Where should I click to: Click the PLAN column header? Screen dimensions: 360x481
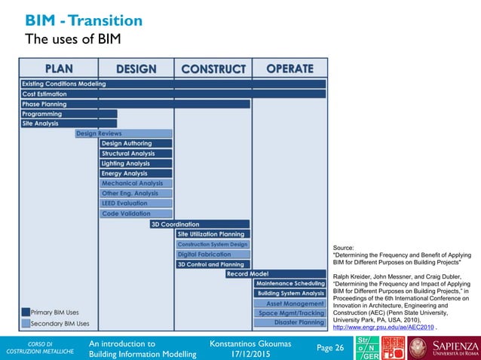pyautogui.click(x=58, y=69)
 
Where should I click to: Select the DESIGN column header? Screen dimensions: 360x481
pyautogui.click(x=136, y=69)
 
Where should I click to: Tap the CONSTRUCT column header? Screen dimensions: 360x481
pyautogui.click(x=213, y=69)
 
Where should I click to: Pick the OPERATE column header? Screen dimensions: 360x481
pyautogui.click(x=290, y=69)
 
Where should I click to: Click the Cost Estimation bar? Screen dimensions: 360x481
pyautogui.click(x=173, y=93)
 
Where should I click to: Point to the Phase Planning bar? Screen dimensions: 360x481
pyautogui.click(x=135, y=104)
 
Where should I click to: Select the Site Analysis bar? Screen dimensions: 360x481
pyautogui.click(x=69, y=124)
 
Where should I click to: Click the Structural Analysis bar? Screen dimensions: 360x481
pyautogui.click(x=136, y=154)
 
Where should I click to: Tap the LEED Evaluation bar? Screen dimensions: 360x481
pyautogui.click(x=136, y=203)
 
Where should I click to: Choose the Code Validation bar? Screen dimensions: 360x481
pyautogui.click(x=136, y=214)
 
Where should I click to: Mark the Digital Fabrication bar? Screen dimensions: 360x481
pyautogui.click(x=213, y=254)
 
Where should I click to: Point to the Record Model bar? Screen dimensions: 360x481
pyautogui.click(x=276, y=274)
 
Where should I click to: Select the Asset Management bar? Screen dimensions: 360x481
pyautogui.click(x=290, y=304)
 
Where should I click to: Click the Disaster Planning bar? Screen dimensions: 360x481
pyautogui.click(x=290, y=322)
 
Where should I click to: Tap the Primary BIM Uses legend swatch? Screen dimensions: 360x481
pyautogui.click(x=26, y=312)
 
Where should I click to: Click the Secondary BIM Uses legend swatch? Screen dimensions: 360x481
pyautogui.click(x=26, y=324)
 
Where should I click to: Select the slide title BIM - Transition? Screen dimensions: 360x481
pyautogui.click(x=84, y=20)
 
